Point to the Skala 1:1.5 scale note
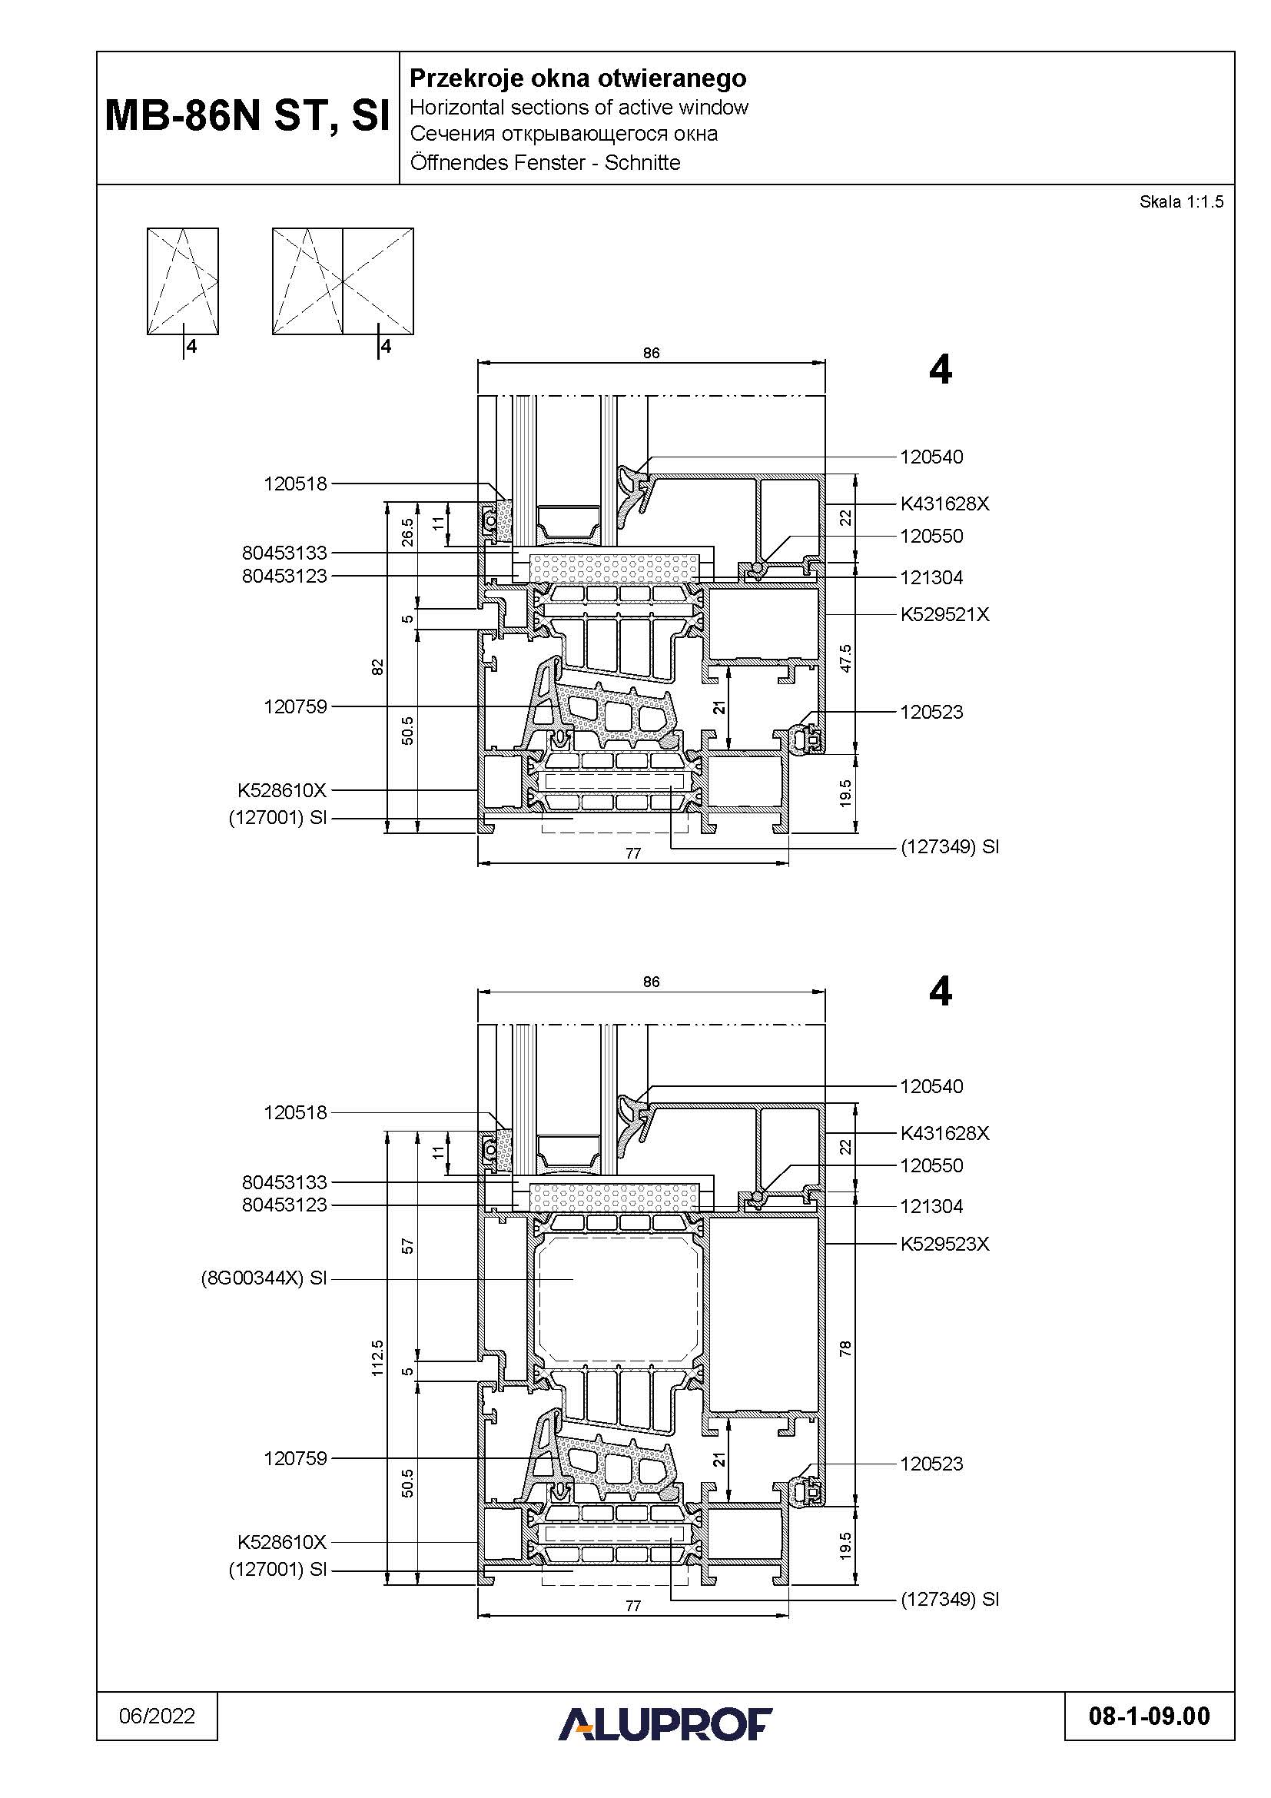pyautogui.click(x=1181, y=202)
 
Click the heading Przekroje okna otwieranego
pyautogui.click(x=579, y=78)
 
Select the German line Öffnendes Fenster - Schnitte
pyautogui.click(x=546, y=163)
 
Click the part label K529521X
pyautogui.click(x=944, y=615)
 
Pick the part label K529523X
pyautogui.click(x=944, y=1244)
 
